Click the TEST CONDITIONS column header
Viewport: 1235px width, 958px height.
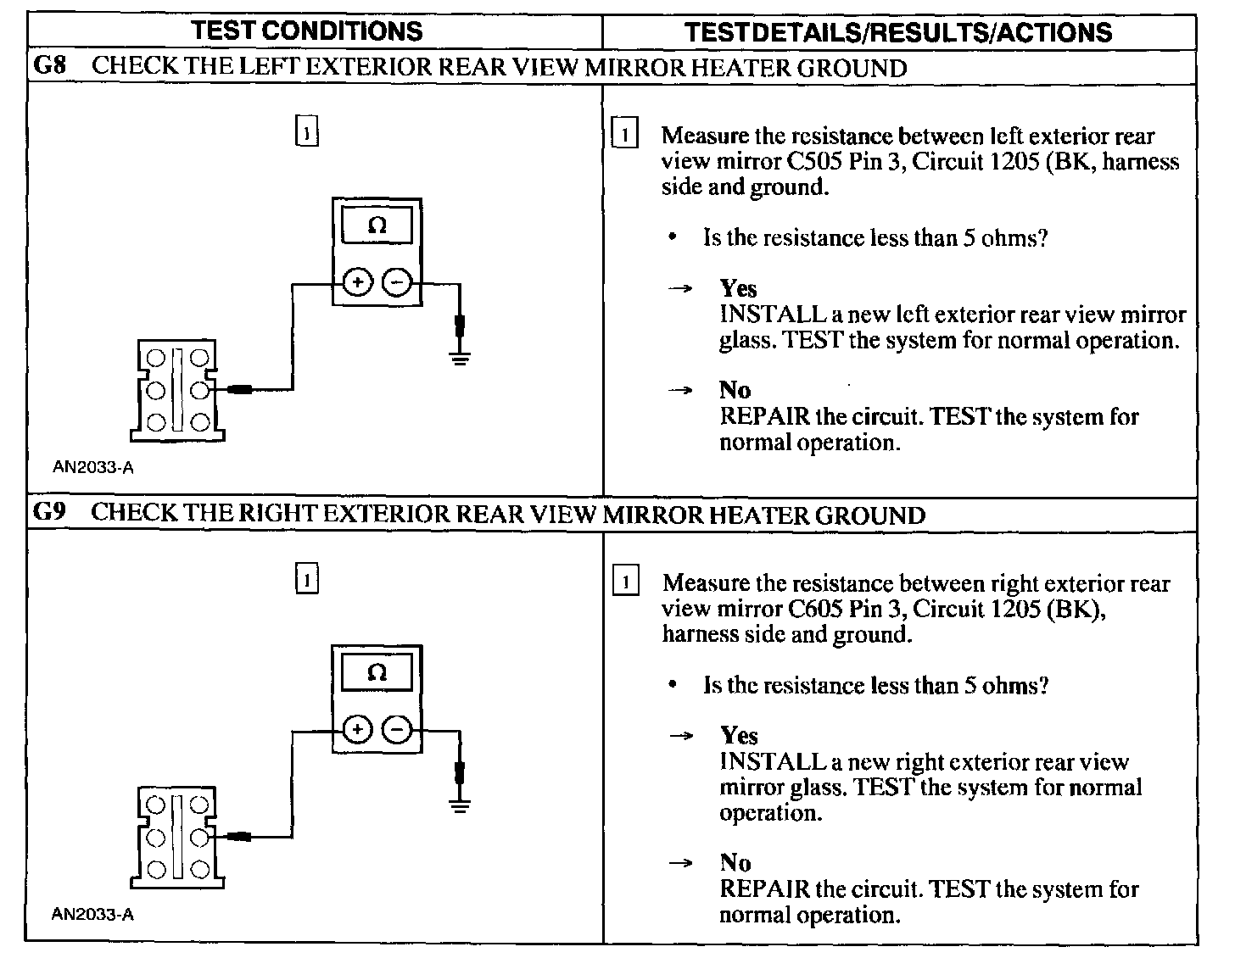306,31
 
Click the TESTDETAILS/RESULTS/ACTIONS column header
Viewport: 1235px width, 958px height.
897,32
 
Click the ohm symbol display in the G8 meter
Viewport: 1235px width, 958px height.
377,226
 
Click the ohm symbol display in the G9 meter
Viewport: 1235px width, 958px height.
377,673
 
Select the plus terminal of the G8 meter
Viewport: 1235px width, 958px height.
357,282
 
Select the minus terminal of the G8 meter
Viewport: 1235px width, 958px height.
397,282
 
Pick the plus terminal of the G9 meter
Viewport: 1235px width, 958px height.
357,729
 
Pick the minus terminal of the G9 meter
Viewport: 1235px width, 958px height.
397,729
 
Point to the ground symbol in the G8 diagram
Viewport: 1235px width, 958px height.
460,357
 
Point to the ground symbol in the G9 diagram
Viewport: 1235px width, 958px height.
460,805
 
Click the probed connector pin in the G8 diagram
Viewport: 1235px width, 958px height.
200,390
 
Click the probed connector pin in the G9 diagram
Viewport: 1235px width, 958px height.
200,838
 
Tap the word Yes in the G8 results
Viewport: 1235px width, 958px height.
738,288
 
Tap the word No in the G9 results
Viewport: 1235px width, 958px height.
735,863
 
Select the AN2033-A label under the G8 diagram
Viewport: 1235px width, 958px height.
92,466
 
